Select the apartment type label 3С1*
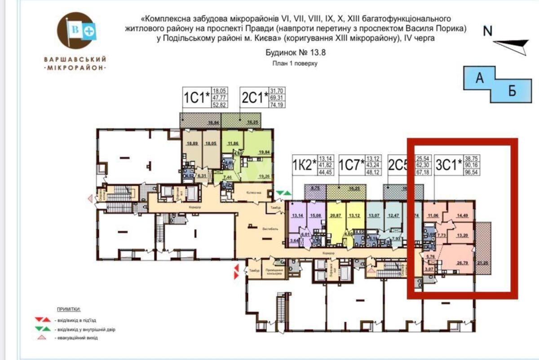point(449,165)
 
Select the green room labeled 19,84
point(263,153)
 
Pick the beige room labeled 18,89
point(192,144)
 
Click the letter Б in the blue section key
point(512,92)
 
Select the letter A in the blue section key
point(480,79)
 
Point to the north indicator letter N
point(488,31)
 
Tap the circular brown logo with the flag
point(76,31)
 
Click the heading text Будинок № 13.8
point(295,53)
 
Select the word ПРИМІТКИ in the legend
point(69,310)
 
